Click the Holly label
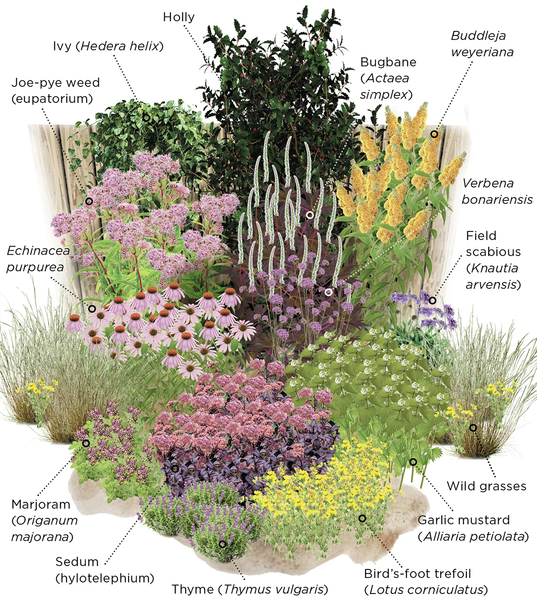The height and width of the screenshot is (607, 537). pyautogui.click(x=179, y=17)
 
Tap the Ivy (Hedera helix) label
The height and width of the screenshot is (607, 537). pyautogui.click(x=108, y=46)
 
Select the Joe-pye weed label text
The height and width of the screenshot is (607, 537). pyautogui.click(x=55, y=90)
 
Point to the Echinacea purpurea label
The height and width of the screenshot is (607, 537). pyautogui.click(x=38, y=259)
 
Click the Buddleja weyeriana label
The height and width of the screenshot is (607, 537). pyautogui.click(x=482, y=44)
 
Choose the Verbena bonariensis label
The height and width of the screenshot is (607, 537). pyautogui.click(x=497, y=191)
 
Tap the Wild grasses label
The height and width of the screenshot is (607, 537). pyautogui.click(x=486, y=486)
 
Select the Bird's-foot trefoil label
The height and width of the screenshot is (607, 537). pyautogui.click(x=426, y=581)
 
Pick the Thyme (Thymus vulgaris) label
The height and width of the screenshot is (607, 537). pyautogui.click(x=250, y=589)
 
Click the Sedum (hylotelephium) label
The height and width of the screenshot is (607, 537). pyautogui.click(x=105, y=570)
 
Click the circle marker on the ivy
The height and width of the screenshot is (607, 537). pyautogui.click(x=146, y=118)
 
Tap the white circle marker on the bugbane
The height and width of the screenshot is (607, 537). pyautogui.click(x=310, y=215)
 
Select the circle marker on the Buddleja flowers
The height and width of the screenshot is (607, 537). pyautogui.click(x=434, y=134)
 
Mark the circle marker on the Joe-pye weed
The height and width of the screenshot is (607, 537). pyautogui.click(x=89, y=201)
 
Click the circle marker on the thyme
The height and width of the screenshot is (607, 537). pyautogui.click(x=222, y=544)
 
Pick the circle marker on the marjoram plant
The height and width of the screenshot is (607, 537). pyautogui.click(x=86, y=443)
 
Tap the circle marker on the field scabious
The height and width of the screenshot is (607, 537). pyautogui.click(x=432, y=300)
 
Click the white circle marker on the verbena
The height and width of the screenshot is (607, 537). pyautogui.click(x=328, y=292)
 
